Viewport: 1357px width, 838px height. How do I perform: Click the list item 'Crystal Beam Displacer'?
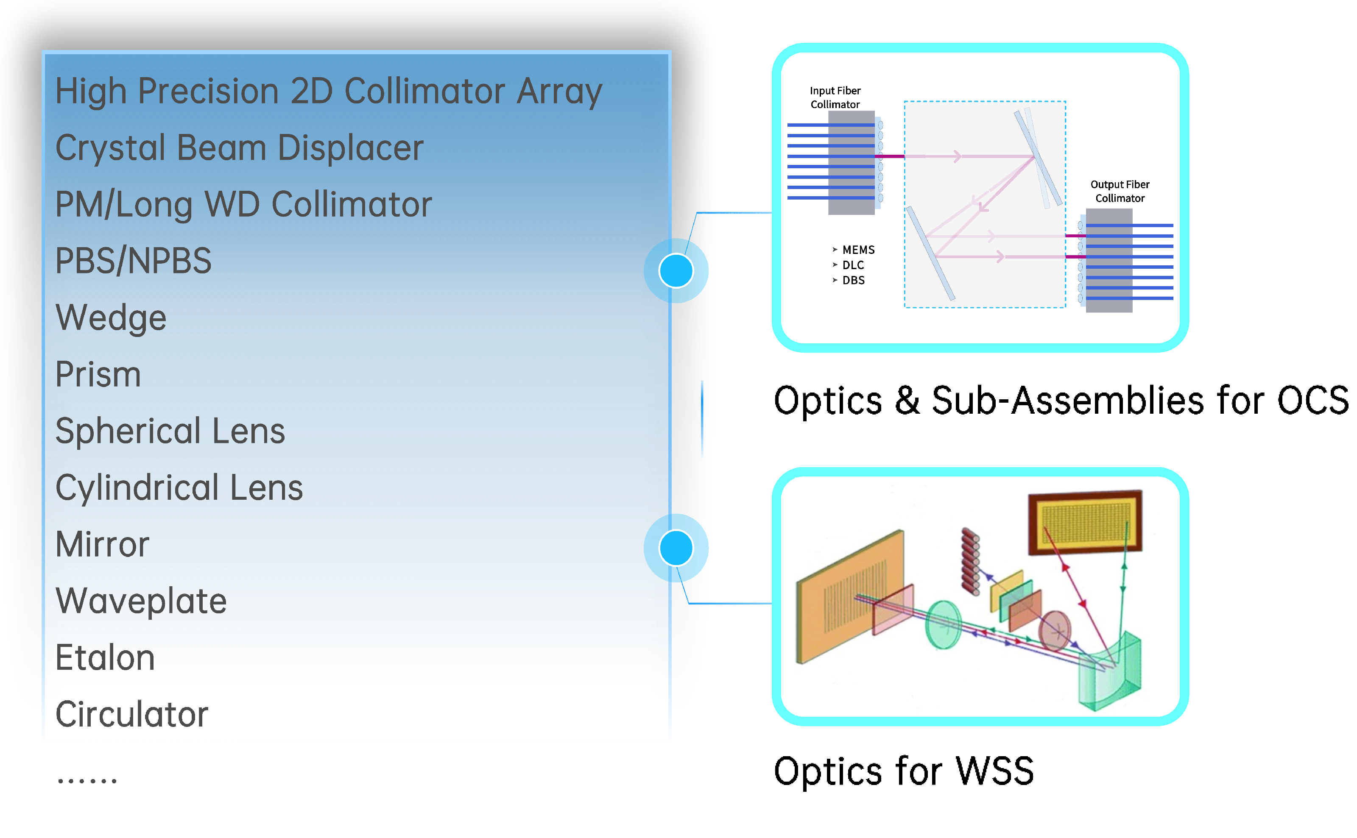240,148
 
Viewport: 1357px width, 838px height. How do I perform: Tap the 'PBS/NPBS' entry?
134,261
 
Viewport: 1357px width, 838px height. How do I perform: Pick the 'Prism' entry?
98,374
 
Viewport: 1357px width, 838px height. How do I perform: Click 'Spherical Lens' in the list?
170,431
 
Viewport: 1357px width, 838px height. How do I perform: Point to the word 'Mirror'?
103,544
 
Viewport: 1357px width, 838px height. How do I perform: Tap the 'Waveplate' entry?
141,601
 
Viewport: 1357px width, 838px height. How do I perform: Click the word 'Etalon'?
105,658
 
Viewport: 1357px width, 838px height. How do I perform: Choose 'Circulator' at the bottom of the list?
132,714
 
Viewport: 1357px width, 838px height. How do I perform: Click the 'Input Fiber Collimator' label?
835,97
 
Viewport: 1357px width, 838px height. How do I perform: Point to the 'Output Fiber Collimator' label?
1120,191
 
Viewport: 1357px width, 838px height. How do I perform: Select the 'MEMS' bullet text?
858,250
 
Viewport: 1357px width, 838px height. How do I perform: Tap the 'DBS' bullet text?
853,281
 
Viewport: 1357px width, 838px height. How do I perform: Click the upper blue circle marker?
676,270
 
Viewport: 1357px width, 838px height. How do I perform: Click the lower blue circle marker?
676,548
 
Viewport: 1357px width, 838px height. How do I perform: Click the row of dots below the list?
87,781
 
